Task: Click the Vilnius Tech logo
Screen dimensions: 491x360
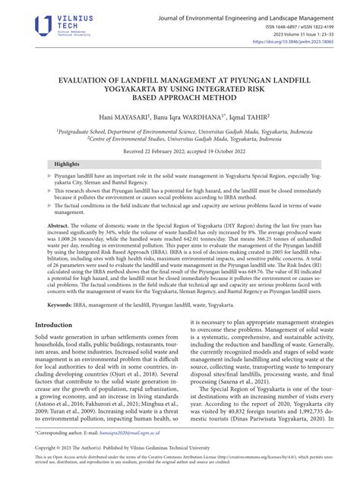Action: tap(53, 24)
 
